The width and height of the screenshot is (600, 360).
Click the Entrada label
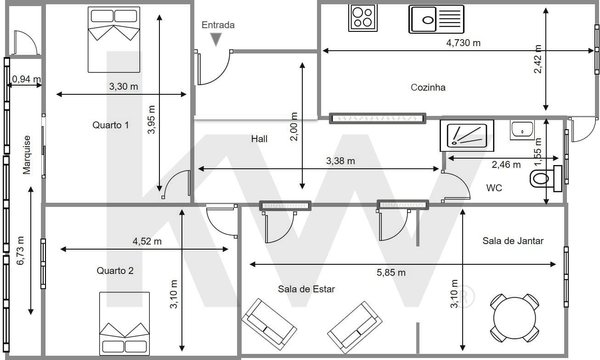click(x=218, y=25)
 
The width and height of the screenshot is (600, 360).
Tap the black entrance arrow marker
click(x=216, y=39)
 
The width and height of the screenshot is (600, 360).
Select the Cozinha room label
click(x=428, y=87)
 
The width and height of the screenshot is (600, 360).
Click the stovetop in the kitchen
click(x=363, y=18)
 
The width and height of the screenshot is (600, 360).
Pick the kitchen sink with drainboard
click(x=436, y=19)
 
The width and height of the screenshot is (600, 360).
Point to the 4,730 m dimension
click(x=463, y=43)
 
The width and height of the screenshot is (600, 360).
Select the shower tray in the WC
click(x=467, y=135)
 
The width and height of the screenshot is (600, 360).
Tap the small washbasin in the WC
click(x=522, y=130)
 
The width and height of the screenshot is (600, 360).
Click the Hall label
click(x=259, y=138)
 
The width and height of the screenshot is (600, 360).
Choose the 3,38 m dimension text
click(x=340, y=161)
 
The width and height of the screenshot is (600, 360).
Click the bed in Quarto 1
click(x=114, y=39)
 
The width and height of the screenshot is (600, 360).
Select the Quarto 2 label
click(x=115, y=271)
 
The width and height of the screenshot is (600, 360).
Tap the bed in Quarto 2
click(x=124, y=324)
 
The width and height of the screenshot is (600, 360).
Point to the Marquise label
click(x=27, y=155)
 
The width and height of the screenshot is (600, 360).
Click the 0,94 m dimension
click(x=26, y=79)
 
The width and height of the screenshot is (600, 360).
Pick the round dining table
click(x=515, y=318)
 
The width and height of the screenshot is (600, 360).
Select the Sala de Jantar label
click(x=513, y=241)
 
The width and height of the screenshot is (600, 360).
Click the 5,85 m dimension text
click(x=391, y=273)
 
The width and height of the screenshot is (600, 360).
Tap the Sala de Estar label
click(x=306, y=289)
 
